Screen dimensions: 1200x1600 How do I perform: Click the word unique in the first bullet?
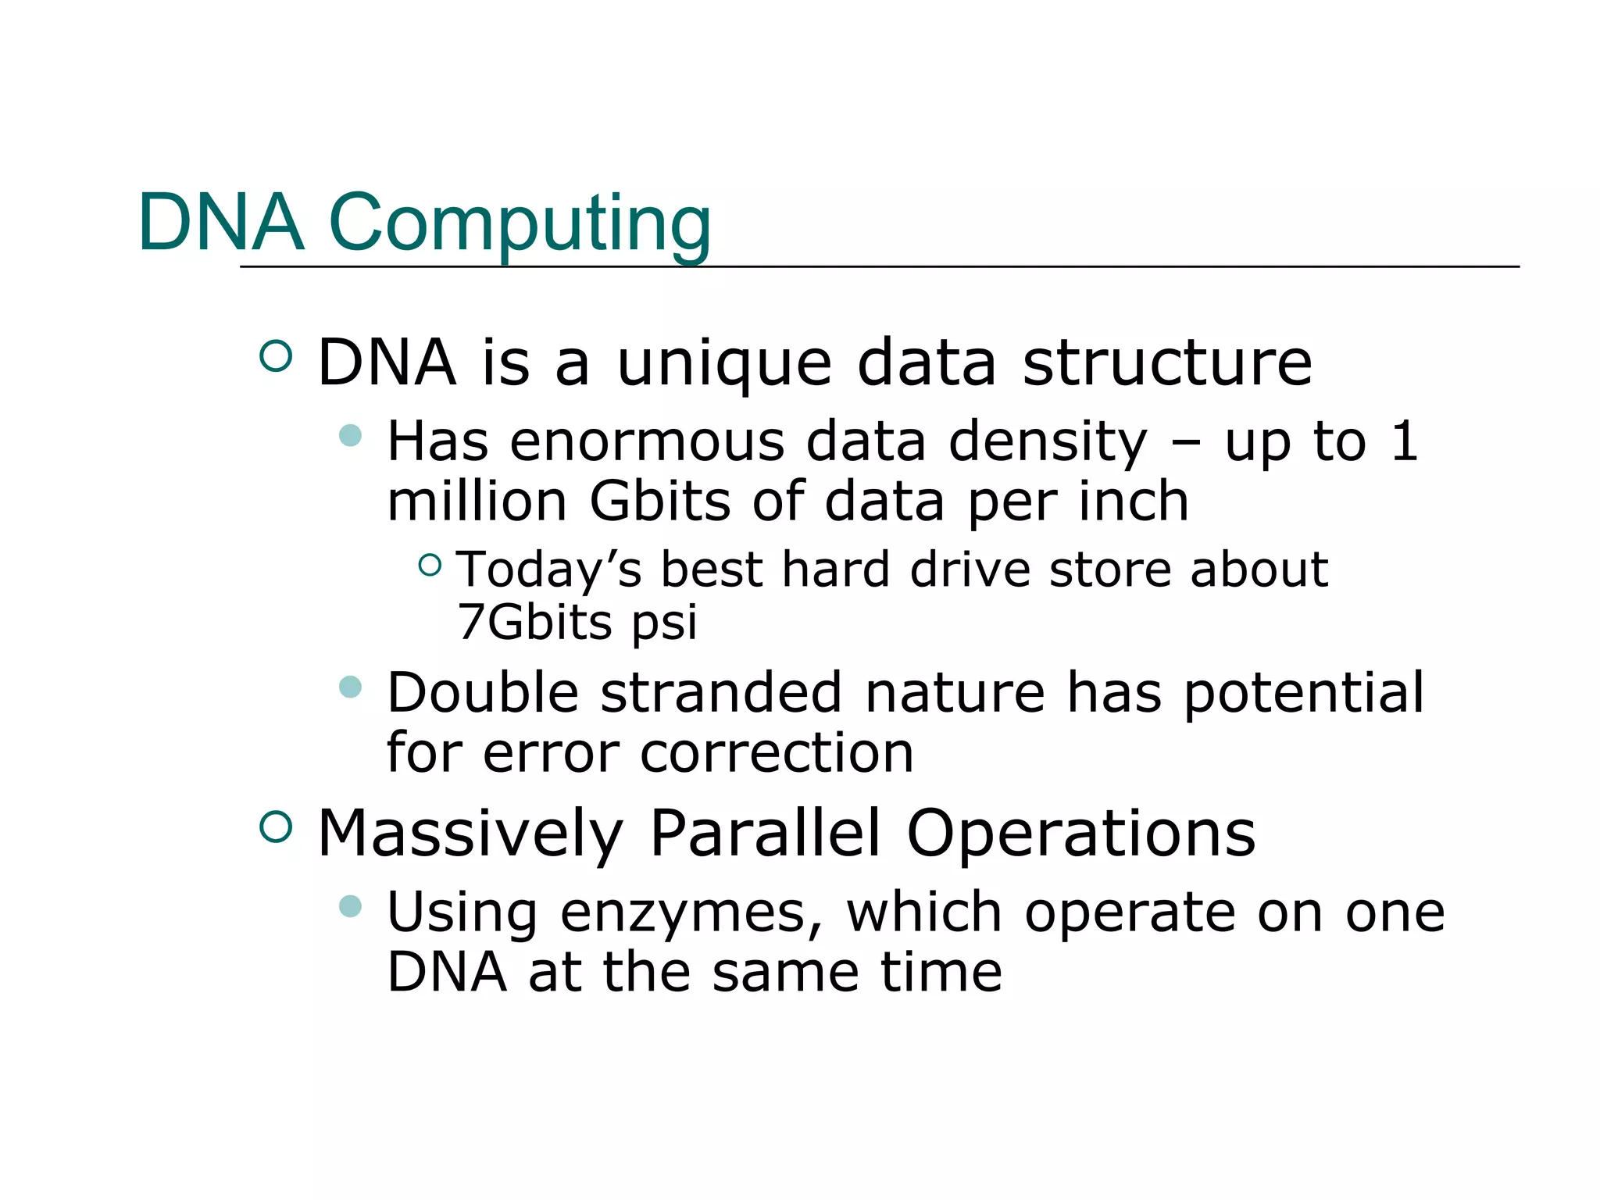724,363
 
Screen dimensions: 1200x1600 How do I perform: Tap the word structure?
1167,363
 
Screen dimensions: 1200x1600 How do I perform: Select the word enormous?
647,441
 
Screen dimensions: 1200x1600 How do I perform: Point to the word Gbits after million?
659,501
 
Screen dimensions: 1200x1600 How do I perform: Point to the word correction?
777,753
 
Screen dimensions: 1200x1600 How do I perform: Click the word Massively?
470,834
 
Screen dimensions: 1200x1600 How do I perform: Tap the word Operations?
1080,834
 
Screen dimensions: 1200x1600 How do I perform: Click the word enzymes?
691,912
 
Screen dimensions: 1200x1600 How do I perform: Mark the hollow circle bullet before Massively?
275,827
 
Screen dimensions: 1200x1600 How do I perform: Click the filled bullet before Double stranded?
351,687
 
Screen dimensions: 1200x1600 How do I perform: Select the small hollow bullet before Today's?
430,564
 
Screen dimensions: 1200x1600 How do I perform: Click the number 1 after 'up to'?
1404,441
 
